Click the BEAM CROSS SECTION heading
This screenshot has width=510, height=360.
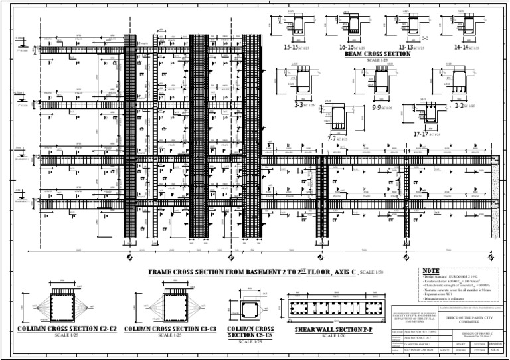pos(377,55)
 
